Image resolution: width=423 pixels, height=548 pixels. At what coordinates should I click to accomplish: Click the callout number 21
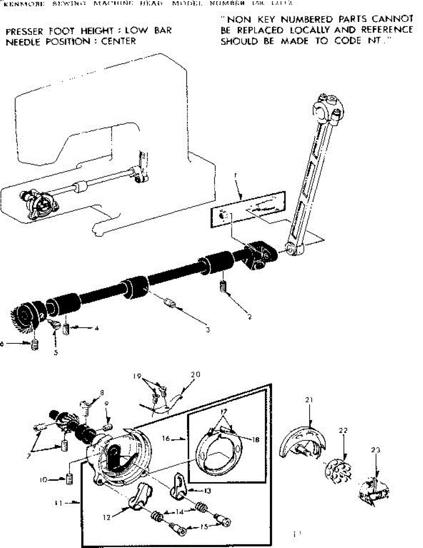(309, 400)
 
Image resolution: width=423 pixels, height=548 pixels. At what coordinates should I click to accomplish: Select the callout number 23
(375, 450)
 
